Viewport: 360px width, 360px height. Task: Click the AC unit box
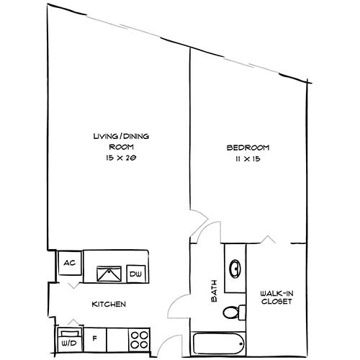pos(71,263)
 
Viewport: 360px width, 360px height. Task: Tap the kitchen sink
pos(111,273)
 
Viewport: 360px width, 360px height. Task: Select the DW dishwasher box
pos(135,274)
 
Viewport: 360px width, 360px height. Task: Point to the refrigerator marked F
pos(95,337)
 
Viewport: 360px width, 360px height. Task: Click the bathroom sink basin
pos(235,269)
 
